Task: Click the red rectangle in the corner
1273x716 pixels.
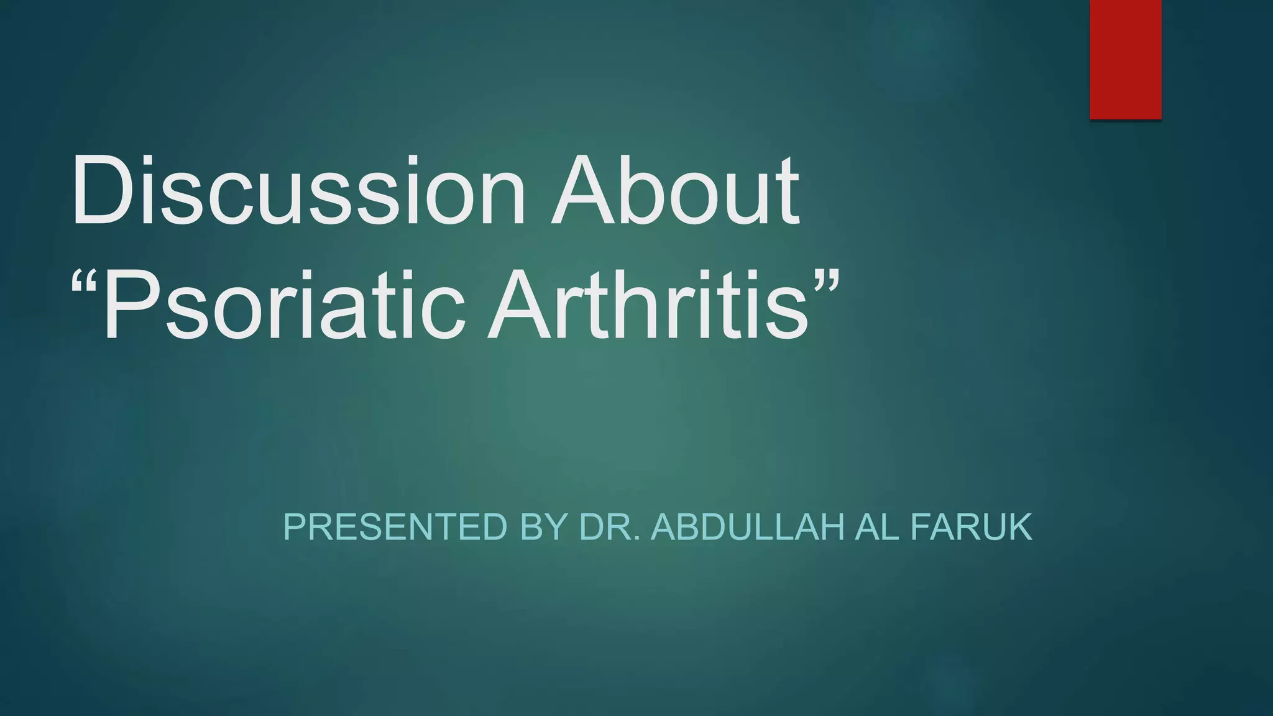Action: (1125, 59)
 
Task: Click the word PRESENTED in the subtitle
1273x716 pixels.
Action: (395, 527)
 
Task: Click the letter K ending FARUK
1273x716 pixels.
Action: (1017, 527)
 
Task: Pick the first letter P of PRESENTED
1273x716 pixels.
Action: (296, 527)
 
